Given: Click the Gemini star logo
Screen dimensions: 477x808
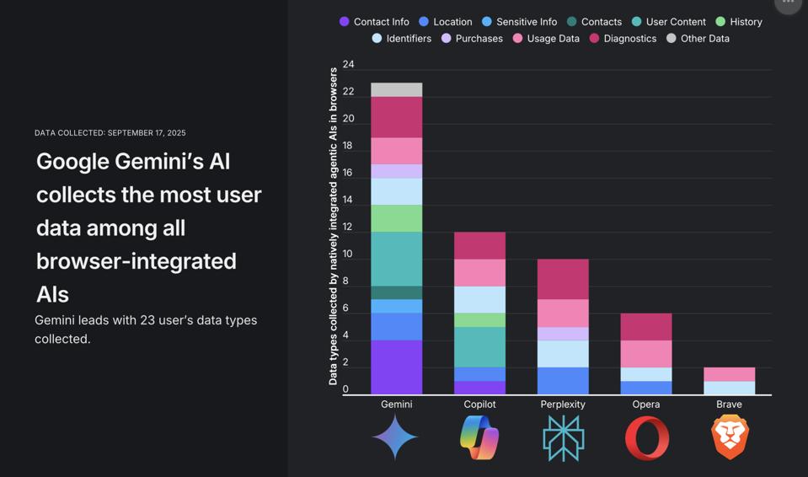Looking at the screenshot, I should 395,437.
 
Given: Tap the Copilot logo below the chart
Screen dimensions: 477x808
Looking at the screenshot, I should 479,437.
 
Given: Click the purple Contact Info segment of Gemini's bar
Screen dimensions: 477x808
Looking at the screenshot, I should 396,367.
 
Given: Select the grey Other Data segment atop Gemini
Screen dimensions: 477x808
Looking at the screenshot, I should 396,89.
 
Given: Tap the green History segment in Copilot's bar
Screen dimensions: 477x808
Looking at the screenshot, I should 479,319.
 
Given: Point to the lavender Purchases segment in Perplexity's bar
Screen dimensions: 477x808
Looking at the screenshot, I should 563,333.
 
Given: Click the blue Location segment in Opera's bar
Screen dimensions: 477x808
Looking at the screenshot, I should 646,387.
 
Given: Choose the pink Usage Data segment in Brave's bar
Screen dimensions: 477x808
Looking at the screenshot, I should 730,374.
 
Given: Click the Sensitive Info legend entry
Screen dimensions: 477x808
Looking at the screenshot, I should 519,22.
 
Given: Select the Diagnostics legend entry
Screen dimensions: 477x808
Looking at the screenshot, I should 623,39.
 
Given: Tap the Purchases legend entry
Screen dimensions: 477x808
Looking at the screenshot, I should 472,39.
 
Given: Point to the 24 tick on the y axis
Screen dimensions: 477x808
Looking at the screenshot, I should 348,64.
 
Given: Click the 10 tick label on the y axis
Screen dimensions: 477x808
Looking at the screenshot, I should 348,254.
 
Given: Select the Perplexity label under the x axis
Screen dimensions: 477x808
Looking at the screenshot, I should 563,405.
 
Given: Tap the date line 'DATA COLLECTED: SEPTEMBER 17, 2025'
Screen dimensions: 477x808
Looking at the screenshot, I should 110,133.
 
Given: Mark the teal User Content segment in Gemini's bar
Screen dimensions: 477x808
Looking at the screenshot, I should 396,259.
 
